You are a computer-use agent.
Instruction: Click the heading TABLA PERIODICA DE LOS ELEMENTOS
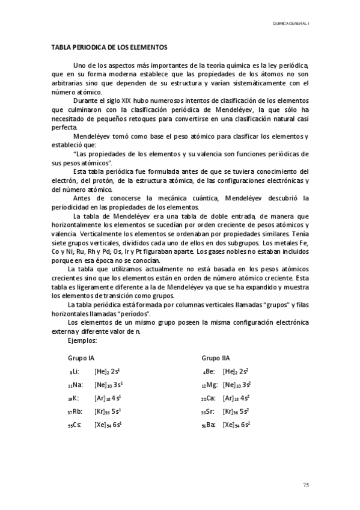click(x=109, y=46)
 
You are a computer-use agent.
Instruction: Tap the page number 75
click(x=305, y=485)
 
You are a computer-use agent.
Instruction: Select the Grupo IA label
click(x=81, y=358)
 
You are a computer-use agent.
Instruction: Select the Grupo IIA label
click(x=216, y=358)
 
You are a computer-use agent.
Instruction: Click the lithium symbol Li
click(x=75, y=372)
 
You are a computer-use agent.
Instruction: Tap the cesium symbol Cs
click(x=76, y=425)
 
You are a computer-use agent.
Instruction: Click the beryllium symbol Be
click(x=209, y=372)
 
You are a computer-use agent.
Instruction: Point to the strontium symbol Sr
click(x=210, y=411)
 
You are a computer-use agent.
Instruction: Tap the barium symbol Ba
click(x=210, y=425)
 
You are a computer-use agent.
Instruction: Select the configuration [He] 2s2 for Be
click(x=236, y=372)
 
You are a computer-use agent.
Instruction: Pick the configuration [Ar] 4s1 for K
click(x=108, y=398)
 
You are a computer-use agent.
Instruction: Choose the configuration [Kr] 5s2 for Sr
click(x=236, y=411)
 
